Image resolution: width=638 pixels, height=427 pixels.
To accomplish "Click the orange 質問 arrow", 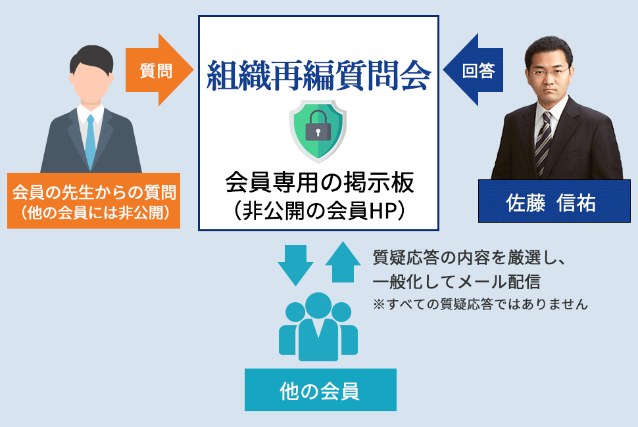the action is pyautogui.click(x=159, y=70).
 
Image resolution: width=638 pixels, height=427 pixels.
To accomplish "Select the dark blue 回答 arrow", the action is pyautogui.click(x=474, y=70).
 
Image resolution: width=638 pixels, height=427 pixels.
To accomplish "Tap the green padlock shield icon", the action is pyautogui.click(x=318, y=131).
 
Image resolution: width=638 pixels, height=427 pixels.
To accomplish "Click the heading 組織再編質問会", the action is pyautogui.click(x=318, y=76).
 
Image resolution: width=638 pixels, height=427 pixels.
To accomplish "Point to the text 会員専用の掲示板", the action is pyautogui.click(x=320, y=182).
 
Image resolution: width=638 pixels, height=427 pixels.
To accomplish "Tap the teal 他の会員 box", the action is pyautogui.click(x=320, y=390).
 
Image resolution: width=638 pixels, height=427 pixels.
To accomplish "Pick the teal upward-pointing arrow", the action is pyautogui.click(x=343, y=262).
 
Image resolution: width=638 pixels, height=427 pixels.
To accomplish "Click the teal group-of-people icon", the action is pyautogui.click(x=318, y=326).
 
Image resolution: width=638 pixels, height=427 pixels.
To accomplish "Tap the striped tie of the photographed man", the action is pyautogui.click(x=543, y=142).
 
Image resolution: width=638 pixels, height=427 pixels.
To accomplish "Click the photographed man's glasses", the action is pyautogui.click(x=549, y=73).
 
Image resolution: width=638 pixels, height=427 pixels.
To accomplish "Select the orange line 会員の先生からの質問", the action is pyautogui.click(x=94, y=192).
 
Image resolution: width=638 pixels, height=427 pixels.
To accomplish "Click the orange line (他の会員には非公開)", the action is pyautogui.click(x=94, y=212).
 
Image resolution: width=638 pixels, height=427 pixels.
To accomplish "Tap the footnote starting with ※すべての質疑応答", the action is pyautogui.click(x=480, y=304).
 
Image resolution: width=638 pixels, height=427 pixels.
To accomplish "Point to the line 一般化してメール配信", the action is pyautogui.click(x=456, y=282).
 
